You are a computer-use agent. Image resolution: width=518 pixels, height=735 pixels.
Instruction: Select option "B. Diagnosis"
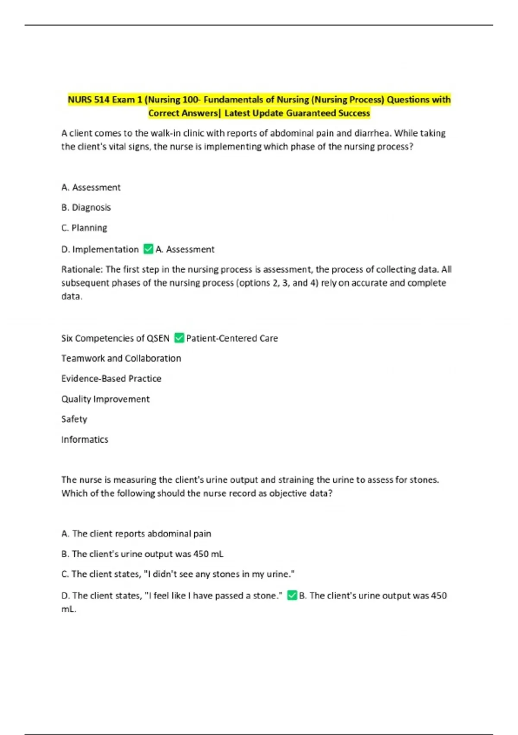86,208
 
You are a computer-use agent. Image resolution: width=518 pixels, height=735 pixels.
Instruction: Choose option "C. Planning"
84,228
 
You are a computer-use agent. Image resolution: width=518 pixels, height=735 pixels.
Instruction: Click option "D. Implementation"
100,249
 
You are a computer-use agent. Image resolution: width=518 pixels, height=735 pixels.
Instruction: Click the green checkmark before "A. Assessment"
148,249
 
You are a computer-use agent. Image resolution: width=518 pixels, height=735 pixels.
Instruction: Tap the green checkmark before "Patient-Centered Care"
179,338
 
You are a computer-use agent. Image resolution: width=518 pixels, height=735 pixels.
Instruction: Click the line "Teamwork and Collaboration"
121,358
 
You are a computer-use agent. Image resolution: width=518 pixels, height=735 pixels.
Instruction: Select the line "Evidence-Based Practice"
111,379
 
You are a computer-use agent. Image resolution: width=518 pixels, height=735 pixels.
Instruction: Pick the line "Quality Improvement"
105,399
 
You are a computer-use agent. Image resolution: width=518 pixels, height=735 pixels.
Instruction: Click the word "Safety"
74,419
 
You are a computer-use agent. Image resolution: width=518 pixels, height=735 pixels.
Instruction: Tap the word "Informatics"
85,440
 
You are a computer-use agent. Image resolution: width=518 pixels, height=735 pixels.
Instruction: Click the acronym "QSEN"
158,339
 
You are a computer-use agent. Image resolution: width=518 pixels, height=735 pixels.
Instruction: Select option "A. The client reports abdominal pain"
136,534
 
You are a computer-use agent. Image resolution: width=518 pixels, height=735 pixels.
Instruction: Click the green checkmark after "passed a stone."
292,595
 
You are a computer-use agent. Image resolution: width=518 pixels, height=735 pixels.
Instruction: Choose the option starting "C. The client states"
178,574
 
